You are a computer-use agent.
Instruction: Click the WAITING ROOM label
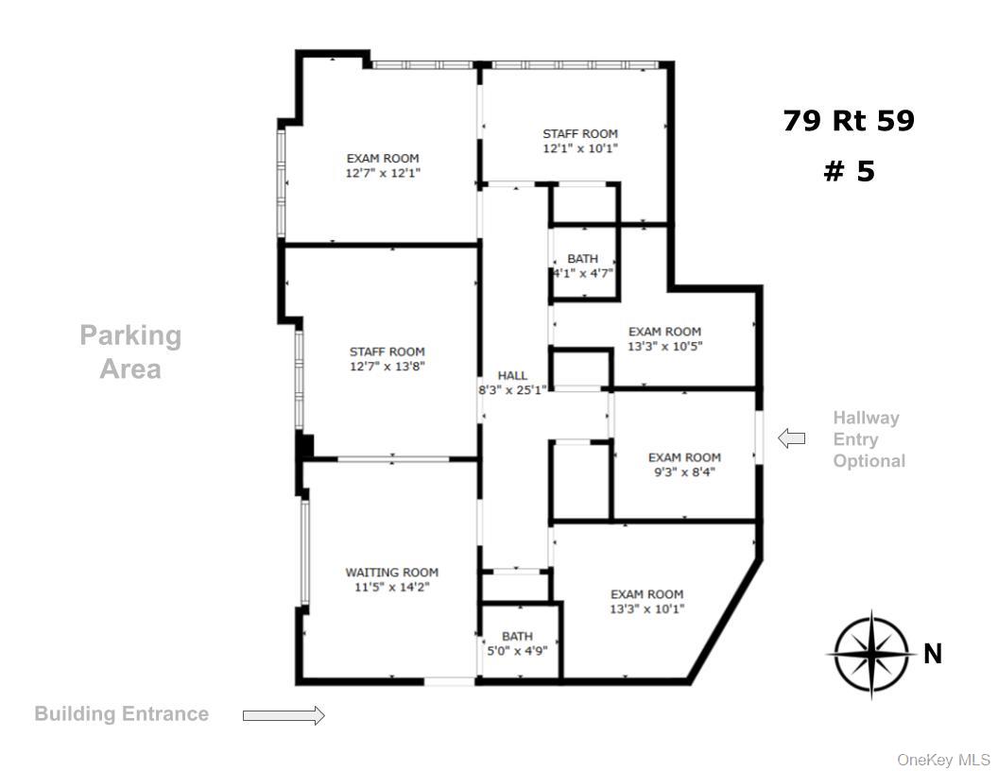coord(391,573)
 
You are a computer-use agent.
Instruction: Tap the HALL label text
coord(512,375)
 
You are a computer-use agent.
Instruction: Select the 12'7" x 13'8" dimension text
coord(387,367)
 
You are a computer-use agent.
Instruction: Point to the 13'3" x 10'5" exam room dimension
coord(665,347)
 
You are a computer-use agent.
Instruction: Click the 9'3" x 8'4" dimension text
coord(685,472)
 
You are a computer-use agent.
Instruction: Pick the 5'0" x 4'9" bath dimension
coord(517,651)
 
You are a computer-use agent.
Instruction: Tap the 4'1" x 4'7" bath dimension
coord(583,274)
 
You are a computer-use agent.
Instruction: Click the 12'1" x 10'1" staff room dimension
coord(580,149)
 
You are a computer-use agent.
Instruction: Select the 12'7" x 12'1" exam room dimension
coord(383,173)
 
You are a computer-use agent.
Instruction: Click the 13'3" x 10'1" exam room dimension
coord(647,608)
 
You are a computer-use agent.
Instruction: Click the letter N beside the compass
coord(933,654)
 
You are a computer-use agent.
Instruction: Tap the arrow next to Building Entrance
coord(284,715)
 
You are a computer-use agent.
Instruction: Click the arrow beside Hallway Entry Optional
coord(792,438)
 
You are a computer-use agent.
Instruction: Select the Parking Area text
coord(130,351)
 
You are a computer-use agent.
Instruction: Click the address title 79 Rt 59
coord(849,121)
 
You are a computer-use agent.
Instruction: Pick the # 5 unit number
coord(849,171)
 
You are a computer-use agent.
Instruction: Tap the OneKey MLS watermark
coord(944,760)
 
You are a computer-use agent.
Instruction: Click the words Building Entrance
coord(122,713)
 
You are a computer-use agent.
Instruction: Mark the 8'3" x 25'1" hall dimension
coord(512,390)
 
